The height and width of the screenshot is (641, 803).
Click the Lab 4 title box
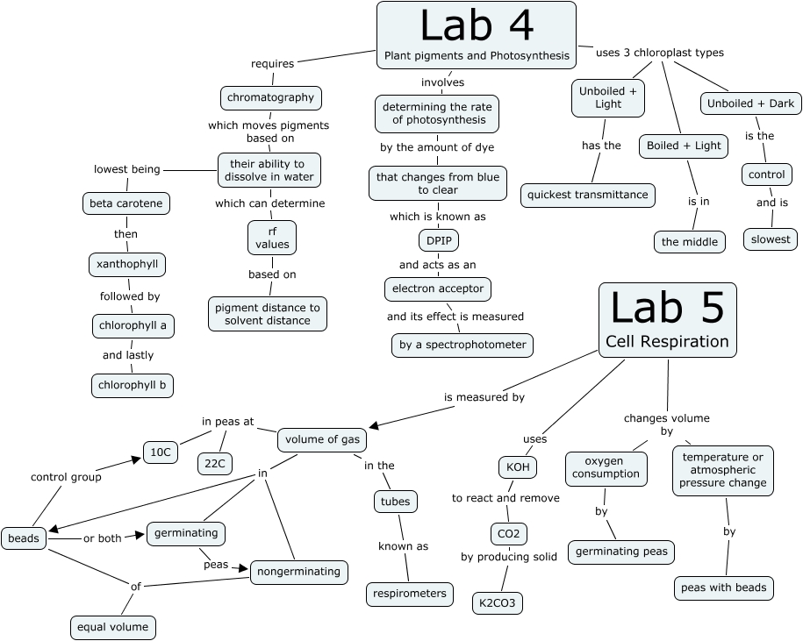click(477, 35)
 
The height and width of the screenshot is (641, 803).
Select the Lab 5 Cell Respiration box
click(667, 320)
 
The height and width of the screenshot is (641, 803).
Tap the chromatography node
click(270, 96)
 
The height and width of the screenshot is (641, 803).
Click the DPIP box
click(438, 240)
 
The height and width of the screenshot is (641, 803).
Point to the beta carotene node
click(126, 204)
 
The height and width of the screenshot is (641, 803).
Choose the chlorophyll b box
click(133, 385)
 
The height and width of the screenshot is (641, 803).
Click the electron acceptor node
click(437, 288)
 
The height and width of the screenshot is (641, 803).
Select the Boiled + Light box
click(683, 146)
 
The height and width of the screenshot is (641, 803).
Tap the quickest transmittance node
click(588, 195)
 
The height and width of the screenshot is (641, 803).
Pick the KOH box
click(517, 467)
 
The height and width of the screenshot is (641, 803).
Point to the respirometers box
click(410, 594)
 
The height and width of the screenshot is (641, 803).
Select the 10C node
click(161, 452)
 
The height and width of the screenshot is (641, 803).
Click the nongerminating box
click(298, 572)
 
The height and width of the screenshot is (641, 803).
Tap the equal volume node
click(114, 627)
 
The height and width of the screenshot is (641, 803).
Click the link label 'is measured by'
click(484, 397)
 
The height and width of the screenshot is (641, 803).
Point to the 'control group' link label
click(66, 477)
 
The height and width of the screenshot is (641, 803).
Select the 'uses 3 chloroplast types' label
click(660, 53)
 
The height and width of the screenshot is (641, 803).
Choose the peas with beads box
click(724, 588)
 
